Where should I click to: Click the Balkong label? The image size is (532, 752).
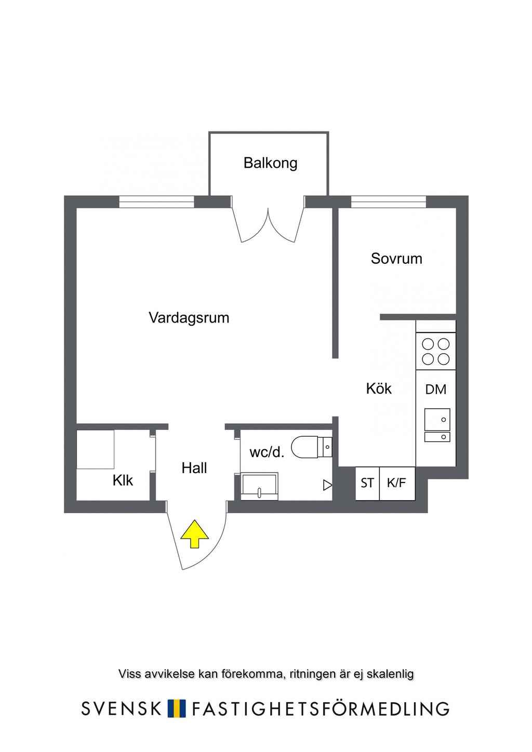click(x=270, y=163)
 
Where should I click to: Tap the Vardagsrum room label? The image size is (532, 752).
click(x=189, y=318)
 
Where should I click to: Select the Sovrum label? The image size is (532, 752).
click(x=396, y=259)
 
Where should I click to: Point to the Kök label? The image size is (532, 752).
click(x=379, y=388)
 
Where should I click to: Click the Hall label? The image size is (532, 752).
click(x=194, y=468)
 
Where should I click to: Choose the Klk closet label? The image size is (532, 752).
click(x=123, y=480)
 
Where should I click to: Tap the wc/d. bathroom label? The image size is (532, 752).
click(x=267, y=452)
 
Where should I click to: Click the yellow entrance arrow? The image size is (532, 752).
click(x=194, y=534)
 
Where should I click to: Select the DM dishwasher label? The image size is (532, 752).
click(x=435, y=390)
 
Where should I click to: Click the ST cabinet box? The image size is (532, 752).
click(x=367, y=484)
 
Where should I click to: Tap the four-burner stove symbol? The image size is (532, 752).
click(x=436, y=351)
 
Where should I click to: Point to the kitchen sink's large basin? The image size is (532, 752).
click(x=437, y=419)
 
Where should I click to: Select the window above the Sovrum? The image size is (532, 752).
click(x=389, y=202)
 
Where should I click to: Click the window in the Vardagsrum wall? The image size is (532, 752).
click(x=157, y=202)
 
